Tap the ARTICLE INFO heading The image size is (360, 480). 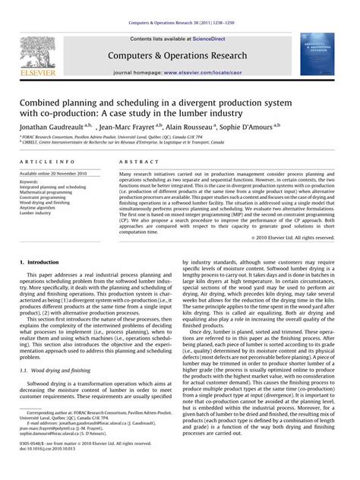pos(47,162)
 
